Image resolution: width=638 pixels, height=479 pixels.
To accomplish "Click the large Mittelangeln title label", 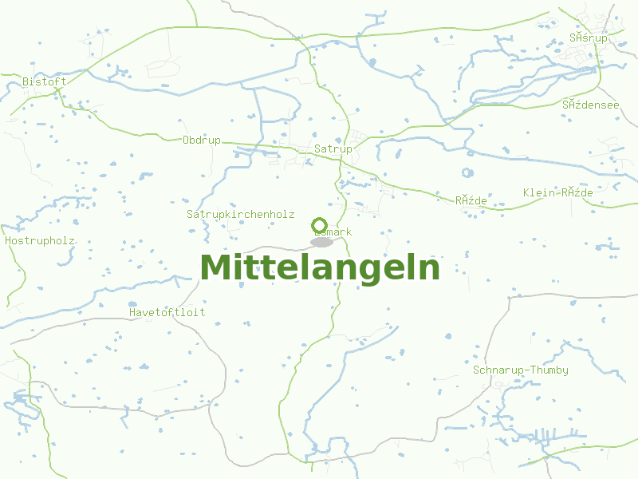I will pyautogui.click(x=320, y=267).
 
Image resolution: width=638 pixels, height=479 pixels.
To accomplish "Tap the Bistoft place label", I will pyautogui.click(x=45, y=81).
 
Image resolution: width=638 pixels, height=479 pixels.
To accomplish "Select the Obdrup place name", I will pyautogui.click(x=202, y=140).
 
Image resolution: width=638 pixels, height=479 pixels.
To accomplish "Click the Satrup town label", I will pyautogui.click(x=333, y=148).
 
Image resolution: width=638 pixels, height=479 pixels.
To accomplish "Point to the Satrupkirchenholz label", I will pyautogui.click(x=241, y=214).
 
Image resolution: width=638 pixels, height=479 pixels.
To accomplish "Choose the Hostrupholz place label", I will pyautogui.click(x=40, y=239).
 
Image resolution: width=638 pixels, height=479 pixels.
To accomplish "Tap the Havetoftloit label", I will pyautogui.click(x=167, y=312).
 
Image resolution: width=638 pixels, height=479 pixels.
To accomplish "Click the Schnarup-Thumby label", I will pyautogui.click(x=521, y=370).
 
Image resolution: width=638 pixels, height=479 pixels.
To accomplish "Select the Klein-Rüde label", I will pyautogui.click(x=558, y=192).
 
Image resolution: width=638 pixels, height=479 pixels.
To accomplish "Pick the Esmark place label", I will pyautogui.click(x=333, y=232).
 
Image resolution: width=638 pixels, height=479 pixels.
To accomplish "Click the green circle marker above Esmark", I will pyautogui.click(x=319, y=225).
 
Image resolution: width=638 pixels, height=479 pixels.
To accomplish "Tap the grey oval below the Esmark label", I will pyautogui.click(x=321, y=242).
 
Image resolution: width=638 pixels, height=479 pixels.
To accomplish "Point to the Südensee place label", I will pyautogui.click(x=590, y=104).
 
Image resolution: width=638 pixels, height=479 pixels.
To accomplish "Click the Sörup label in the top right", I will pyautogui.click(x=589, y=38).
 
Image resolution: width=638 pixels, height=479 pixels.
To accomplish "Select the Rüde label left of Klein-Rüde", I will pyautogui.click(x=471, y=200).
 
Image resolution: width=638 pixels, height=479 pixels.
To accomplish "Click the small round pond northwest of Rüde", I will pyautogui.click(x=467, y=172).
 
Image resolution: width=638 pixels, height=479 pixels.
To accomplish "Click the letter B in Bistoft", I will pyautogui.click(x=26, y=81).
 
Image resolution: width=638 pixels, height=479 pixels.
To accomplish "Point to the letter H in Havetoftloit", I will pyautogui.click(x=132, y=312).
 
